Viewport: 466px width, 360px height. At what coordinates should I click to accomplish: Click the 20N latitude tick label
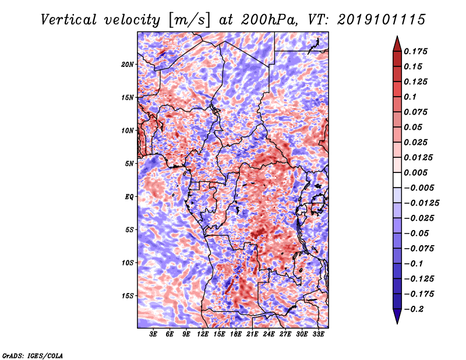click(x=128, y=65)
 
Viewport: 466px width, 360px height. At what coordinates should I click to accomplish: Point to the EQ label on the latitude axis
click(x=129, y=197)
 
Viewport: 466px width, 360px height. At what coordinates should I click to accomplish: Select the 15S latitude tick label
click(x=128, y=296)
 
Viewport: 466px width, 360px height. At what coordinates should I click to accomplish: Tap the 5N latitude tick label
click(x=129, y=164)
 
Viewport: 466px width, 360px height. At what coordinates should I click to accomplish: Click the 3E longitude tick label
click(x=153, y=334)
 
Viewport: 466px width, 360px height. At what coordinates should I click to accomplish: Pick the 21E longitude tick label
click(x=252, y=334)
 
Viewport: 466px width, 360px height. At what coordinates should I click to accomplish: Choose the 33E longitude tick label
click(x=318, y=334)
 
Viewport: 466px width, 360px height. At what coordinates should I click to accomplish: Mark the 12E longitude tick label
click(x=202, y=334)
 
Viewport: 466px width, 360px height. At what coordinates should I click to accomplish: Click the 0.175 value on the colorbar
click(x=415, y=51)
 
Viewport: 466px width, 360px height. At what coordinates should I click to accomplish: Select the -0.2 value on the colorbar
click(x=414, y=309)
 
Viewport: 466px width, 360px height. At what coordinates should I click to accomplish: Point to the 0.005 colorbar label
click(x=415, y=172)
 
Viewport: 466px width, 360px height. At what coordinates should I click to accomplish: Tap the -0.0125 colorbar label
click(x=421, y=203)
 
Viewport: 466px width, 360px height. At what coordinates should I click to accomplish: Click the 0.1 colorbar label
click(x=410, y=97)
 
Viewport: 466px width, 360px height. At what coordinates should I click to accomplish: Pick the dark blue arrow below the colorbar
click(x=397, y=316)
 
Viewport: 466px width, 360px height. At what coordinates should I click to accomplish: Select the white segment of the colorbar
click(x=397, y=180)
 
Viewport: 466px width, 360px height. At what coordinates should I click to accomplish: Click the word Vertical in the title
click(x=69, y=20)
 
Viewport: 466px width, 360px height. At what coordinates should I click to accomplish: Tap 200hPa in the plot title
click(x=269, y=20)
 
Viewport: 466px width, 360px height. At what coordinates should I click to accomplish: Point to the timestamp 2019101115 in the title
click(x=382, y=20)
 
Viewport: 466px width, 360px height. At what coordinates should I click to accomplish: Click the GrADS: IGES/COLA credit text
click(x=33, y=355)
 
